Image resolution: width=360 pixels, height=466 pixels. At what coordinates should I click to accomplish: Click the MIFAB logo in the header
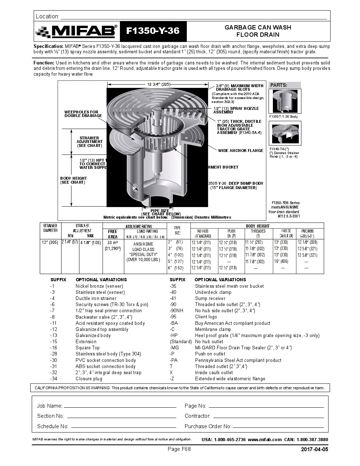[x=77, y=31]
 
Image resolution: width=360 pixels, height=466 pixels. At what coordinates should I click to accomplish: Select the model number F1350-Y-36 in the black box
[x=153, y=31]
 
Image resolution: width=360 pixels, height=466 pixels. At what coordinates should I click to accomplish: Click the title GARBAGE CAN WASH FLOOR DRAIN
[x=258, y=31]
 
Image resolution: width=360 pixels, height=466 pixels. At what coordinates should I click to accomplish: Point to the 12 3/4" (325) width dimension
[x=158, y=84]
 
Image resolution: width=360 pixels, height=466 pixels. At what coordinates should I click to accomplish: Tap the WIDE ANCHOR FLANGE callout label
[x=240, y=151]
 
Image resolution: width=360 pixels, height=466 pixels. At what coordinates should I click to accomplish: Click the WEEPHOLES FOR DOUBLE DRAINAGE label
[x=83, y=114]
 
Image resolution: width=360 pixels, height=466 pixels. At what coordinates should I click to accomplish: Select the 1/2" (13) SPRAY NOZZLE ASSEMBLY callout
[x=236, y=110]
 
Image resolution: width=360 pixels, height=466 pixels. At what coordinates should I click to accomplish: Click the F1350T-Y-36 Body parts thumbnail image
[x=285, y=101]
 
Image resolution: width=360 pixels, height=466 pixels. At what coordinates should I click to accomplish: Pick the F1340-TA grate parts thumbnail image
[x=285, y=133]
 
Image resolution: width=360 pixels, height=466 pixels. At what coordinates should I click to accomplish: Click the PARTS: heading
[x=279, y=85]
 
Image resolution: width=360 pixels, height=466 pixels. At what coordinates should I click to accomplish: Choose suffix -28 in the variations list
[x=54, y=354]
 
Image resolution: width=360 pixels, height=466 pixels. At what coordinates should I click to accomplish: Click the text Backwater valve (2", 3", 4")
[x=104, y=317]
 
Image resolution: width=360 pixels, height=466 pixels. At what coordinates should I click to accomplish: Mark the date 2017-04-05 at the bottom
[x=314, y=449]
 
